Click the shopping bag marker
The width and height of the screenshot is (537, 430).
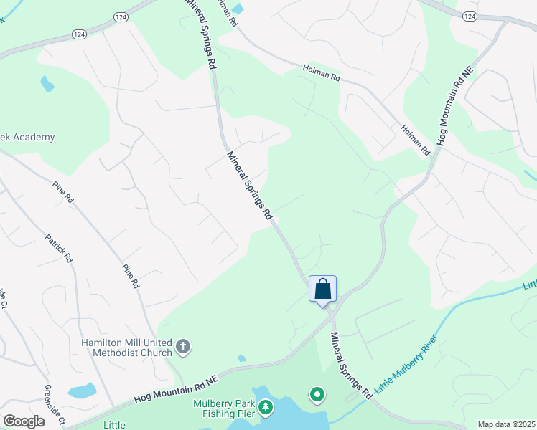[x=322, y=290]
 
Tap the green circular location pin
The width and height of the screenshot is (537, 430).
[x=317, y=394]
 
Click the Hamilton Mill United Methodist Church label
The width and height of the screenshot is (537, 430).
[x=126, y=348]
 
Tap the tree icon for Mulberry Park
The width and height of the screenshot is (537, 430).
[x=266, y=407]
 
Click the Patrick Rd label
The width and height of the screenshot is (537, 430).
[x=59, y=247]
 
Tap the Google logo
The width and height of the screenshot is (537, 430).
[x=24, y=421]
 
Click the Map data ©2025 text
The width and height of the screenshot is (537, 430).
[x=505, y=424]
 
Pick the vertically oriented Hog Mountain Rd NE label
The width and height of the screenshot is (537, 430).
[x=451, y=108]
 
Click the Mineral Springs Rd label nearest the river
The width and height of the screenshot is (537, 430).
[x=351, y=365]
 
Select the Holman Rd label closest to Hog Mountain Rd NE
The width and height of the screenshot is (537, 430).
[x=415, y=140]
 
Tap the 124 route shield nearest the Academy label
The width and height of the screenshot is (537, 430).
[x=79, y=34]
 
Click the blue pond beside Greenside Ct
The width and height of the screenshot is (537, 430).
[x=83, y=391]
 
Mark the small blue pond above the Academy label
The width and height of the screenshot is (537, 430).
[x=47, y=84]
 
